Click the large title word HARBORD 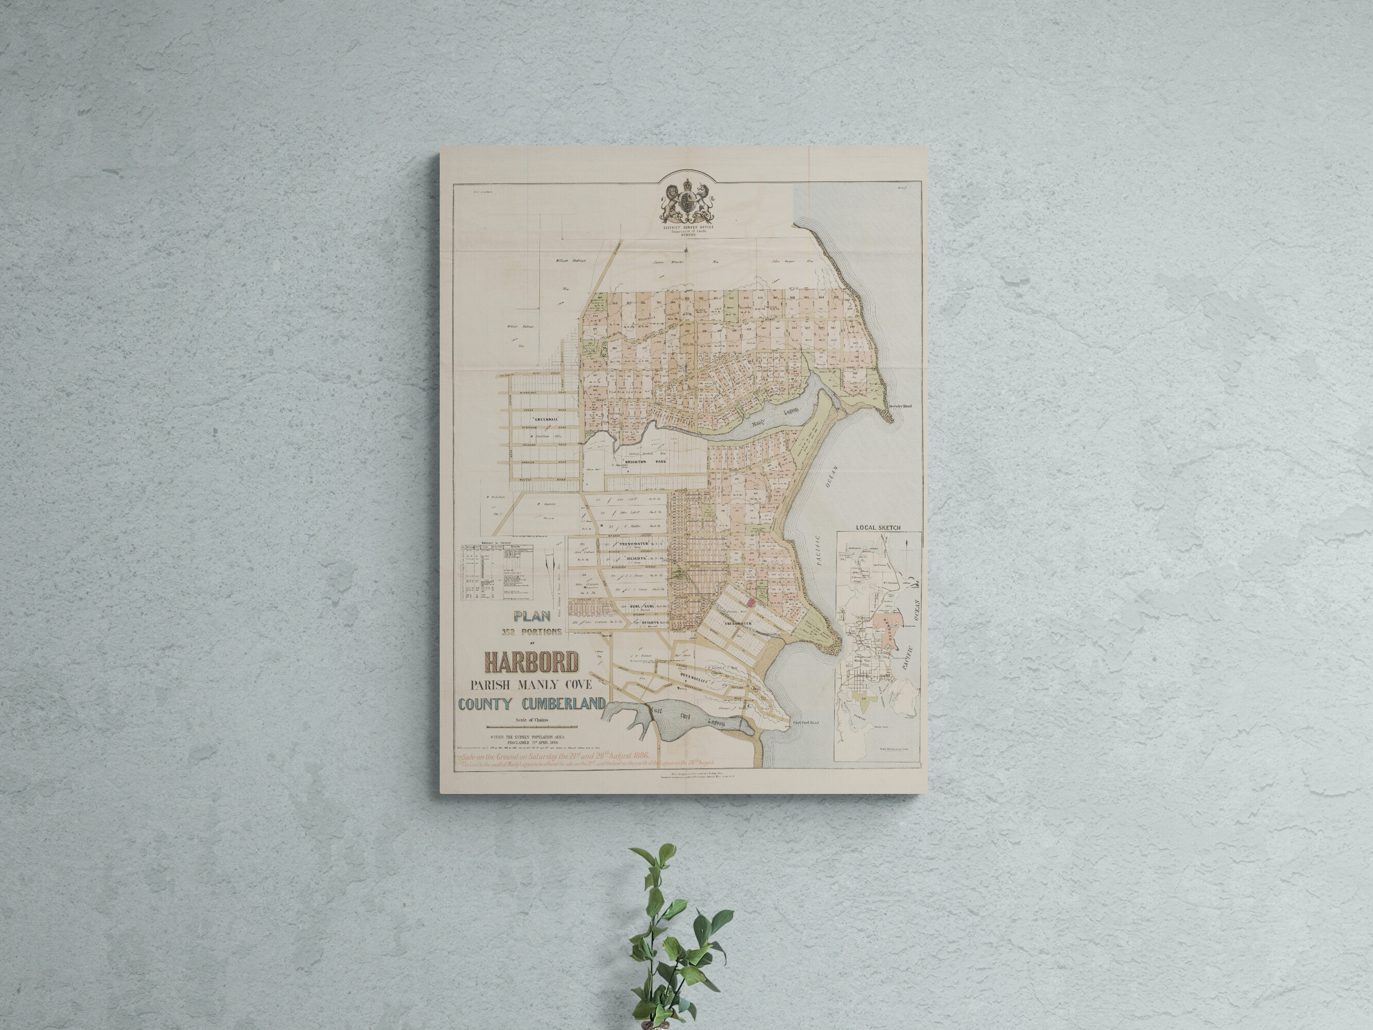531,662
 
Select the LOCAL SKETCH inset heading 878,528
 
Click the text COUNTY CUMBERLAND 531,704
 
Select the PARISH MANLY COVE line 531,685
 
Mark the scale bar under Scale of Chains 531,726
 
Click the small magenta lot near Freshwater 750,601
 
